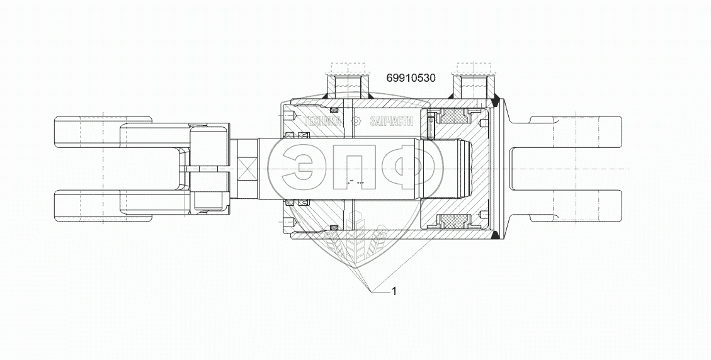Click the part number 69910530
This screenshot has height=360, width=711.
pyautogui.click(x=411, y=78)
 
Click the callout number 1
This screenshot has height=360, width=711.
pyautogui.click(x=394, y=291)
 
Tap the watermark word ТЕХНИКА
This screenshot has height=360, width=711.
pyautogui.click(x=322, y=121)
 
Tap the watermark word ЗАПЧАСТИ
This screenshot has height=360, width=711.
pyautogui.click(x=392, y=121)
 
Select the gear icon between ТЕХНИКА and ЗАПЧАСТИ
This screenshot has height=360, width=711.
pyautogui.click(x=356, y=121)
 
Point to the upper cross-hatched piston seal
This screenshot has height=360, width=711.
pyautogui.click(x=455, y=116)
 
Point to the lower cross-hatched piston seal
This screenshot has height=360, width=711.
pyautogui.click(x=455, y=222)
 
